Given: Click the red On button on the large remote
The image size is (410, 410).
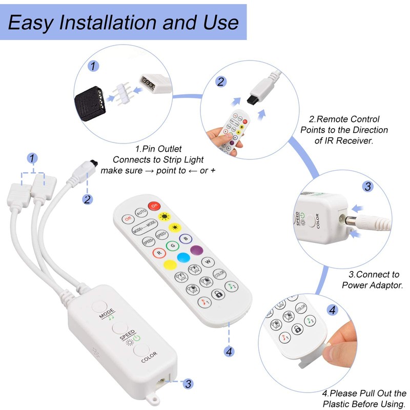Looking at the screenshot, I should tap(154, 206).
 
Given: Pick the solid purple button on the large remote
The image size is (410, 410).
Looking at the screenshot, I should tap(195, 250).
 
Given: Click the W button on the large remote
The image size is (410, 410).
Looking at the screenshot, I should tap(209, 262).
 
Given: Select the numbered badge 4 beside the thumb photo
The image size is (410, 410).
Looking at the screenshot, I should tap(333, 310).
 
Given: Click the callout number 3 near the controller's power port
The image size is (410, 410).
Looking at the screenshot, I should tap(188, 383).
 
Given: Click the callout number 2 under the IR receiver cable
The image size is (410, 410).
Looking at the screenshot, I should tap(88, 199).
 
